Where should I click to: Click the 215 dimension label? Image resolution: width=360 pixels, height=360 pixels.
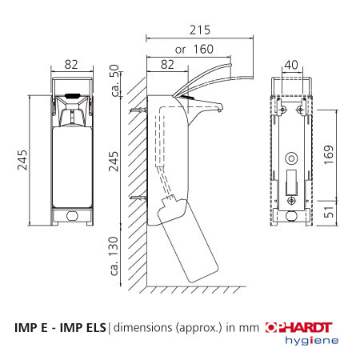(200, 30)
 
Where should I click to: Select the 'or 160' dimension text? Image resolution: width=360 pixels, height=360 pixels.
(194, 50)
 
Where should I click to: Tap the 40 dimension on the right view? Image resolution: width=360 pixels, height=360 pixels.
(291, 65)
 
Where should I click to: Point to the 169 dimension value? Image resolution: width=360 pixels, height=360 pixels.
(329, 154)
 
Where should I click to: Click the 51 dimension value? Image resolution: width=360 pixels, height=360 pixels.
(329, 212)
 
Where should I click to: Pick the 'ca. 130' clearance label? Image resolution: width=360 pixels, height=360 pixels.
(114, 256)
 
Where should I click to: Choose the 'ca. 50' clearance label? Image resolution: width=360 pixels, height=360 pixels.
(115, 80)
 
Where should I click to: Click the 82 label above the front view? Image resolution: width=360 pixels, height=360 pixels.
(71, 65)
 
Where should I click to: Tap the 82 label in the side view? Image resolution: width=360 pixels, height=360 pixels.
(167, 65)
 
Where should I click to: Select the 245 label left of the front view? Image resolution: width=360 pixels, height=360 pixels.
(22, 160)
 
